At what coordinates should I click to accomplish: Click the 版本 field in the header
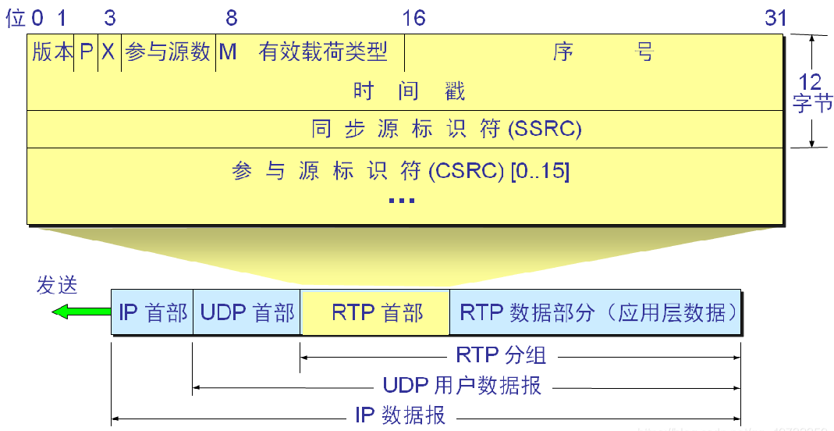point(51,52)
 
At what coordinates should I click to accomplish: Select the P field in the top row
point(87,52)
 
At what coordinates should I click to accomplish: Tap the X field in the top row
point(109,52)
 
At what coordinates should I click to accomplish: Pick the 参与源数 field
point(168,52)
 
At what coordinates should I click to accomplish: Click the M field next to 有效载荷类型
point(228,52)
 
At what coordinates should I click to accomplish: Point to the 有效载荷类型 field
point(323,52)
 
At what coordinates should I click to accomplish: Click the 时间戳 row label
point(409,91)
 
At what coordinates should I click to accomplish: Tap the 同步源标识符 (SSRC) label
point(446,129)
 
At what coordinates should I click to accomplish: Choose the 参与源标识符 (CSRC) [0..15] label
point(401,171)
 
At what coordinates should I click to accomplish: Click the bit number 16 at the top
point(413,18)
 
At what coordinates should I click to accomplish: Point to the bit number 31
point(775,18)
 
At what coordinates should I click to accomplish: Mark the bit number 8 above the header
point(231,18)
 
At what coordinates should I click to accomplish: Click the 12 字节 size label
point(812,91)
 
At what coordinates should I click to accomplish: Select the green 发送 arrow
point(80,312)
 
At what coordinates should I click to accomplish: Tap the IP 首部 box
point(153,313)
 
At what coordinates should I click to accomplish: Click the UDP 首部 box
point(247,313)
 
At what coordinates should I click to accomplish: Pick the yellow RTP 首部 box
point(376,313)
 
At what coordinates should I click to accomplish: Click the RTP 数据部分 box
point(597,313)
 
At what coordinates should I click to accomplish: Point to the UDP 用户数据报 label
point(462,385)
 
